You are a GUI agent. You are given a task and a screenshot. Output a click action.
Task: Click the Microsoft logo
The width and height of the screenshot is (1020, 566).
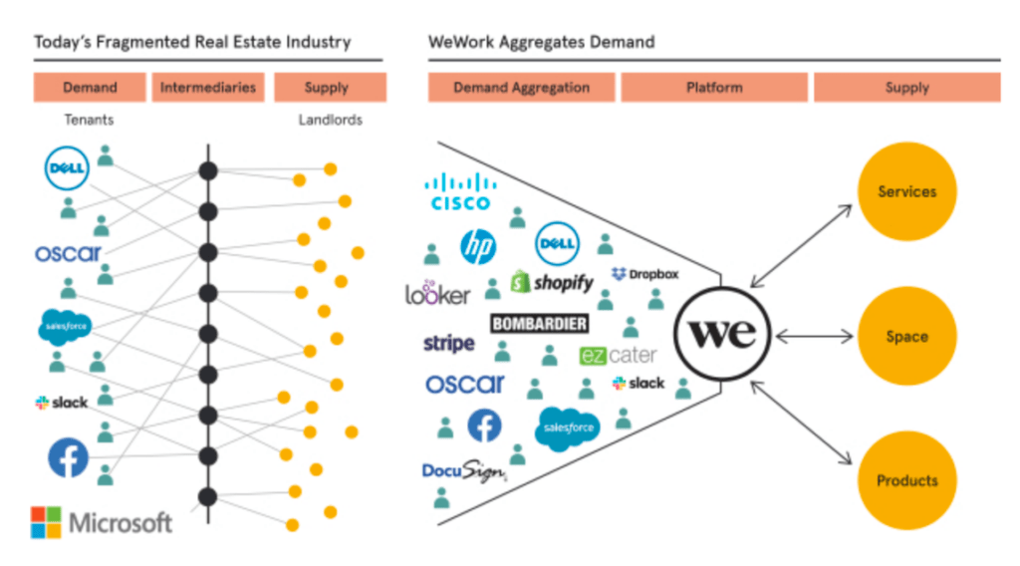pyautogui.click(x=101, y=521)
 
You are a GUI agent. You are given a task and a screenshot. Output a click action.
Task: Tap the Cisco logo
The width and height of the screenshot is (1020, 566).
pyautogui.click(x=460, y=191)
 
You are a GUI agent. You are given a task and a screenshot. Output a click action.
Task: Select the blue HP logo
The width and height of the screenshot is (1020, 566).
pyautogui.click(x=478, y=246)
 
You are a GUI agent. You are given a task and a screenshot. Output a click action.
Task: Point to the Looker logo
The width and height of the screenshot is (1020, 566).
pyautogui.click(x=437, y=293)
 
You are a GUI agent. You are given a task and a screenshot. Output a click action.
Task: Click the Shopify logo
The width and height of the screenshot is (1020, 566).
pyautogui.click(x=551, y=283)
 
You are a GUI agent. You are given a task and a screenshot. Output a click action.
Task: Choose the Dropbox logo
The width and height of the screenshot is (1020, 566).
pyautogui.click(x=644, y=274)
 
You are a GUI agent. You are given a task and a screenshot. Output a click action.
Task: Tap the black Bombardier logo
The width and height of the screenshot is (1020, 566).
pyautogui.click(x=539, y=324)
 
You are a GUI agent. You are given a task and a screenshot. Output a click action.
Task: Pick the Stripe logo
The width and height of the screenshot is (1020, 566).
pyautogui.click(x=448, y=344)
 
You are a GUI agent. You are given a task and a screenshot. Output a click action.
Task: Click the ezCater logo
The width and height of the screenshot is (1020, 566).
pyautogui.click(x=618, y=356)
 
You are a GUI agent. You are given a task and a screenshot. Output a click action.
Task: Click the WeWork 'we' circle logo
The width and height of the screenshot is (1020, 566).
pyautogui.click(x=723, y=334)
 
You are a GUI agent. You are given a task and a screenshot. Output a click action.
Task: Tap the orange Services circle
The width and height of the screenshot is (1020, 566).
pyautogui.click(x=906, y=191)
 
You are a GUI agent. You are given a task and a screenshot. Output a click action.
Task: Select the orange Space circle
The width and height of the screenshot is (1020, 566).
pyautogui.click(x=906, y=337)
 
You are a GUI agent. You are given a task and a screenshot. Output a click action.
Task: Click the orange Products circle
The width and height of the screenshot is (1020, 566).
pyautogui.click(x=906, y=481)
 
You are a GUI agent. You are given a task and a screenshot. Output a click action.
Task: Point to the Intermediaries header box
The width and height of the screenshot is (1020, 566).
pyautogui.click(x=207, y=88)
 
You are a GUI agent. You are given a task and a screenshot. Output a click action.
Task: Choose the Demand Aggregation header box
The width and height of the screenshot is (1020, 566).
pyautogui.click(x=521, y=88)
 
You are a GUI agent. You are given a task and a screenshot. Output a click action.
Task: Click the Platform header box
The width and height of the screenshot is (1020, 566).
pyautogui.click(x=714, y=88)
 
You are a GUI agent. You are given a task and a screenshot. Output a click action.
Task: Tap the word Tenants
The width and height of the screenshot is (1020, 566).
pyautogui.click(x=89, y=121)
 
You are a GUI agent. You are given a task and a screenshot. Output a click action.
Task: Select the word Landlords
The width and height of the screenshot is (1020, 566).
pyautogui.click(x=330, y=121)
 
